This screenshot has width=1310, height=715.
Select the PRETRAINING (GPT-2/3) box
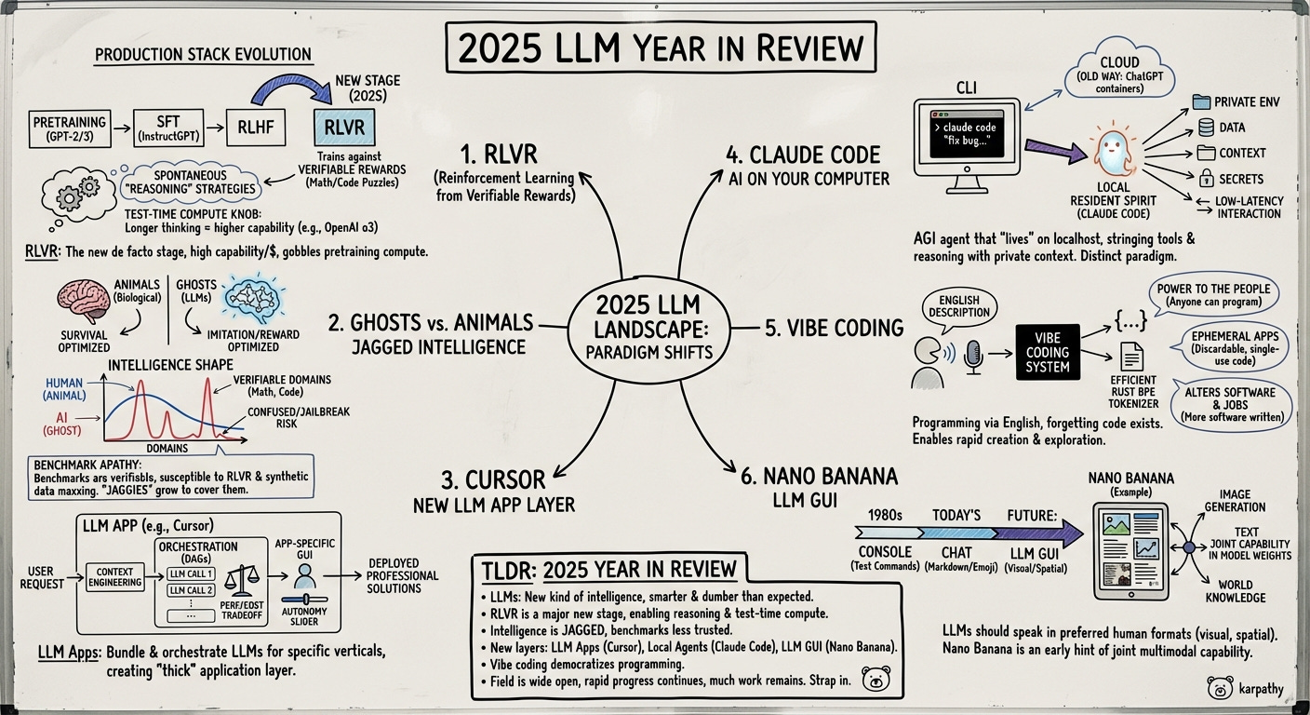coord(69,128)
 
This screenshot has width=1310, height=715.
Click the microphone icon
coord(973,357)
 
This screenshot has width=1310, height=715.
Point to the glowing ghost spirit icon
coord(1114,152)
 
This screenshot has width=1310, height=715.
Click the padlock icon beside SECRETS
coord(1206,177)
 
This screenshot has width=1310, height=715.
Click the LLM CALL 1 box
coord(191,573)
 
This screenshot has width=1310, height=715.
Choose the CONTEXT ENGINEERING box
coord(114,577)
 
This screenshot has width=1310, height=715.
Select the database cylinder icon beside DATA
coord(1205,128)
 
